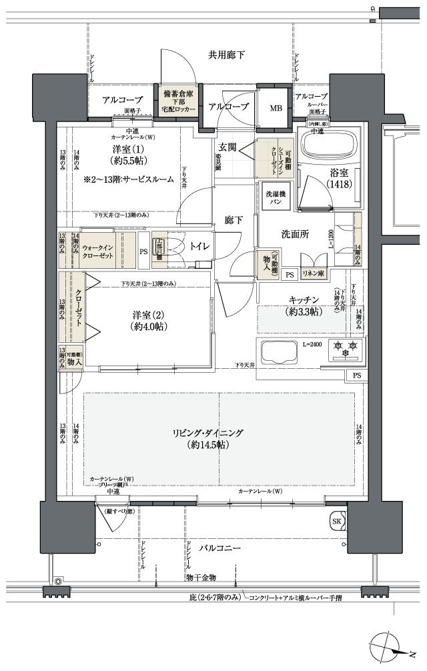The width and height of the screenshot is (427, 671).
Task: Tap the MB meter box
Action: click(275, 107)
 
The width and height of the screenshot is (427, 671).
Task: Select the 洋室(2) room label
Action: click(148, 321)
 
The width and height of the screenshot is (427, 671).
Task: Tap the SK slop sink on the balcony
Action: click(337, 521)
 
